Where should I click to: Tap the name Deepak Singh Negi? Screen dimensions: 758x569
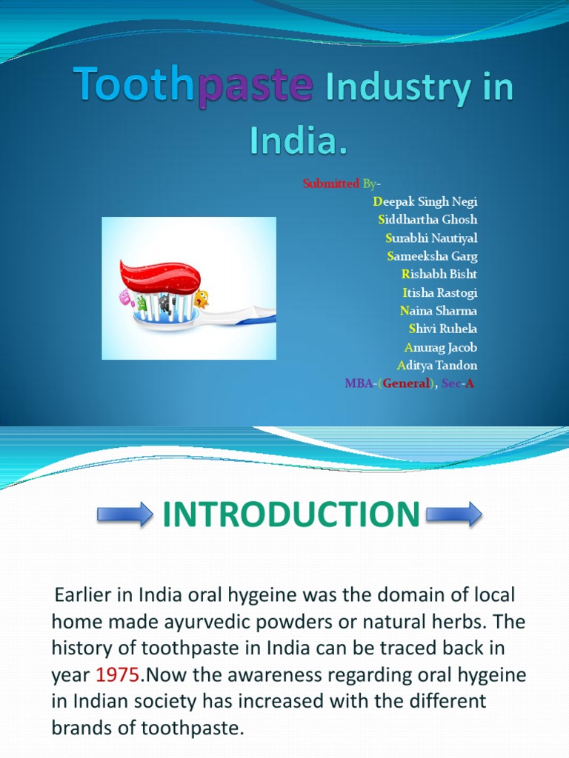pyautogui.click(x=425, y=201)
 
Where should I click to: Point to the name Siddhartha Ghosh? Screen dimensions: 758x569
pyautogui.click(x=427, y=219)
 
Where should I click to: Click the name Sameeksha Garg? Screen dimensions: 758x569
pyautogui.click(x=432, y=256)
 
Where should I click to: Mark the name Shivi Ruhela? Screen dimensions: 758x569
pyautogui.click(x=442, y=329)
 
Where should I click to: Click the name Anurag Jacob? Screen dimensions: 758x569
pyautogui.click(x=440, y=347)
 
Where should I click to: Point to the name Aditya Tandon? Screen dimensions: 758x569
pyautogui.click(x=437, y=365)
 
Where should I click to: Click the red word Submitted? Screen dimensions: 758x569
pyautogui.click(x=330, y=184)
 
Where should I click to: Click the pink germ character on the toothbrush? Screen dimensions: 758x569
pyautogui.click(x=125, y=298)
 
